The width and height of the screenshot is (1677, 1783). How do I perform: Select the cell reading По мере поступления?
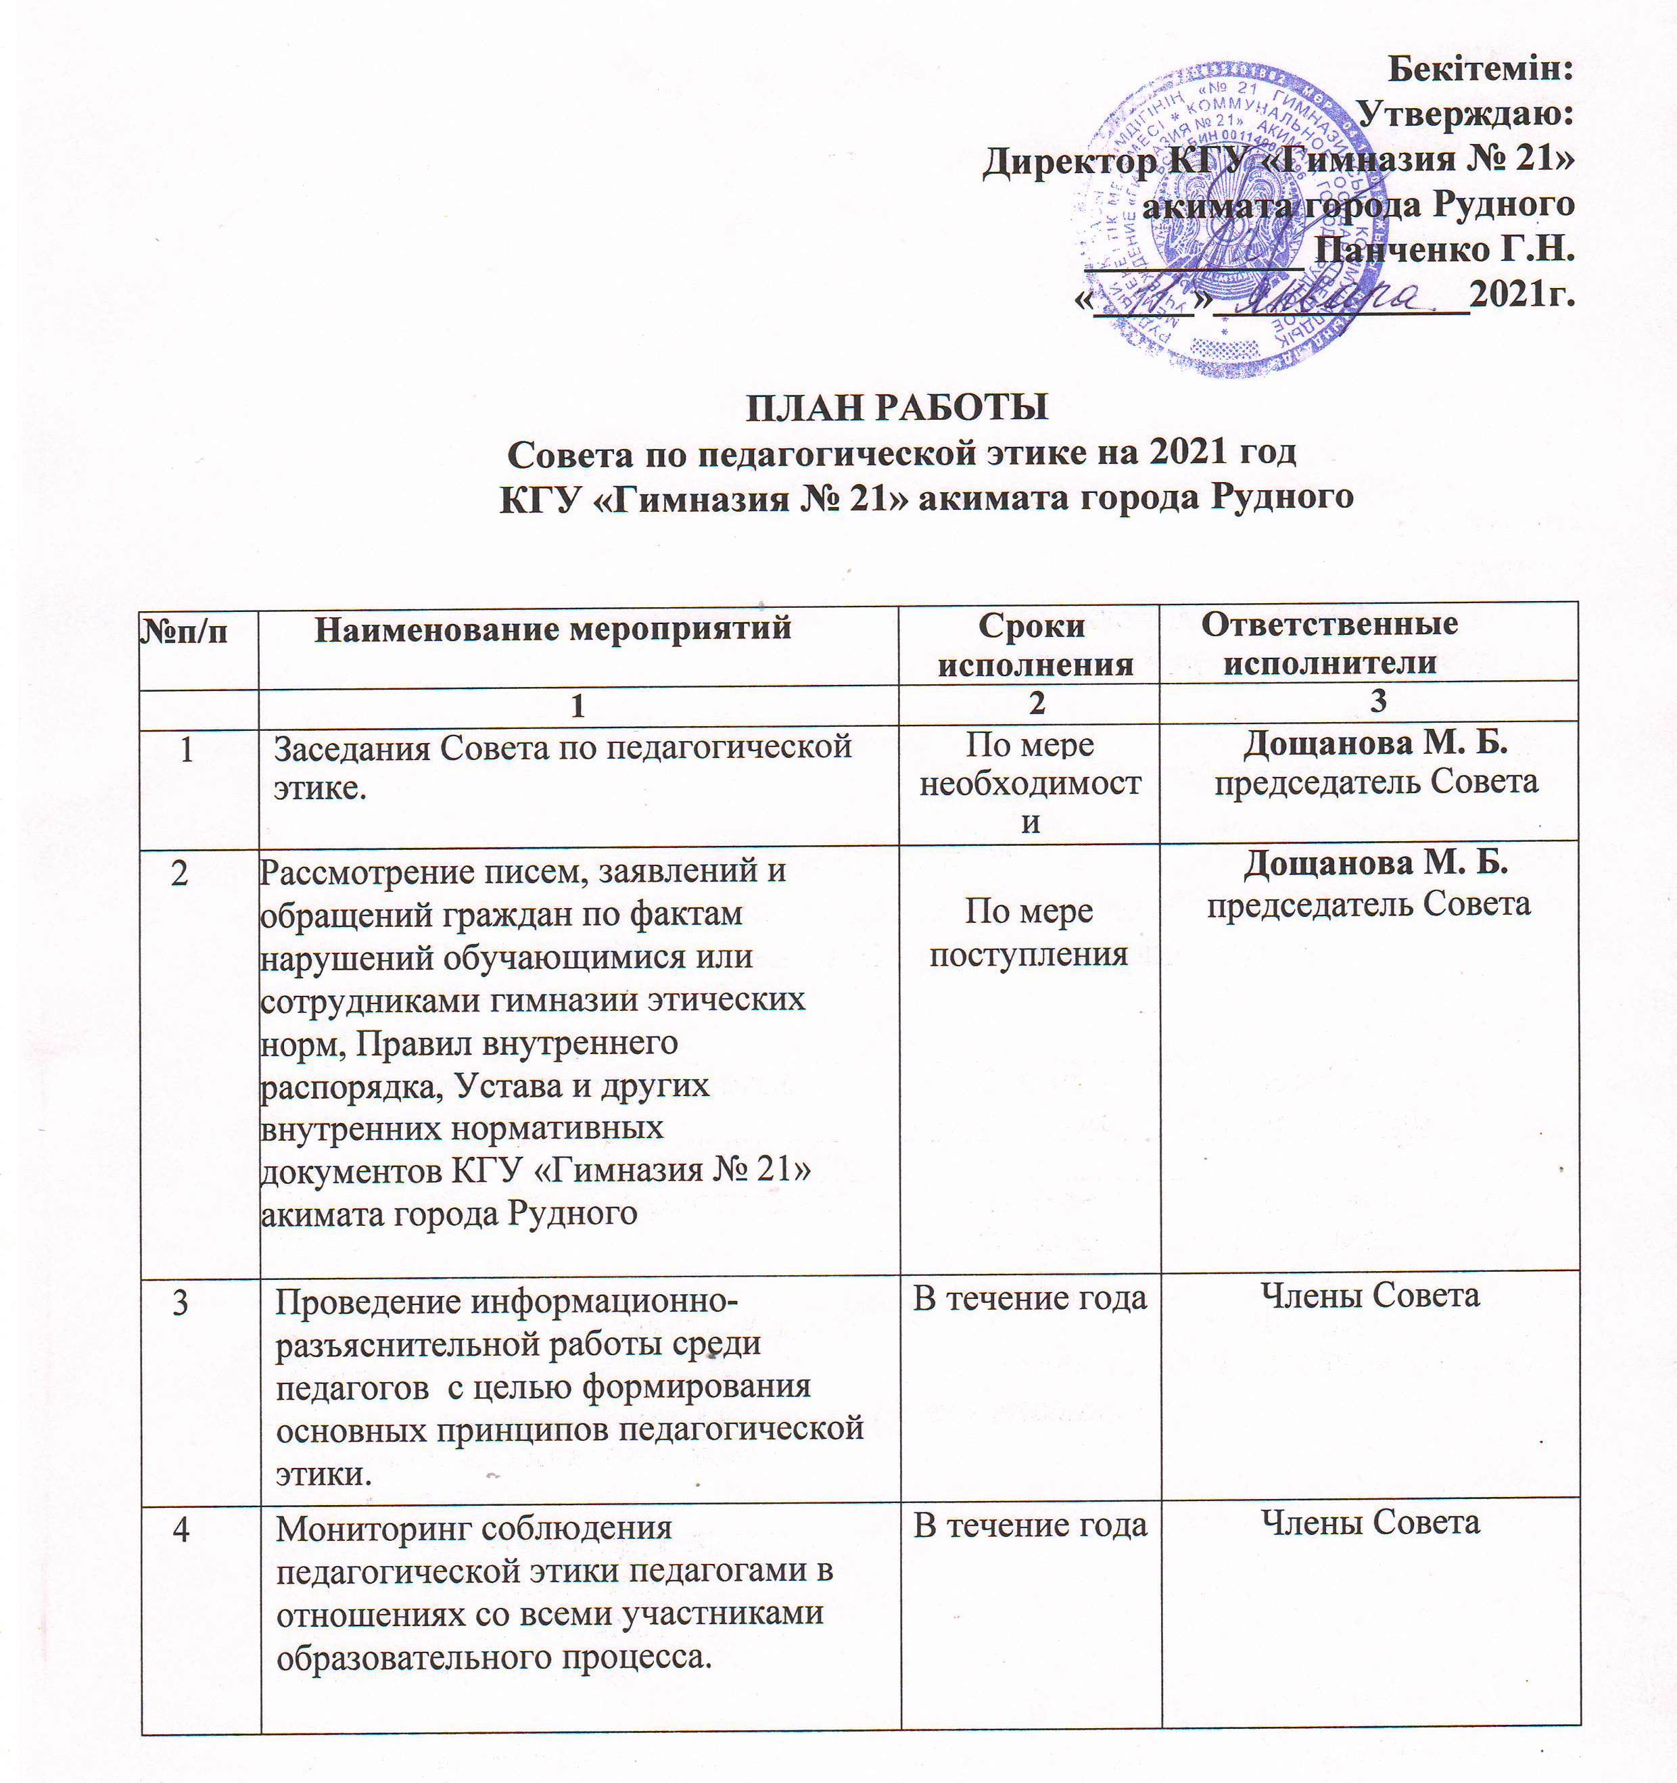pos(1029,933)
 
